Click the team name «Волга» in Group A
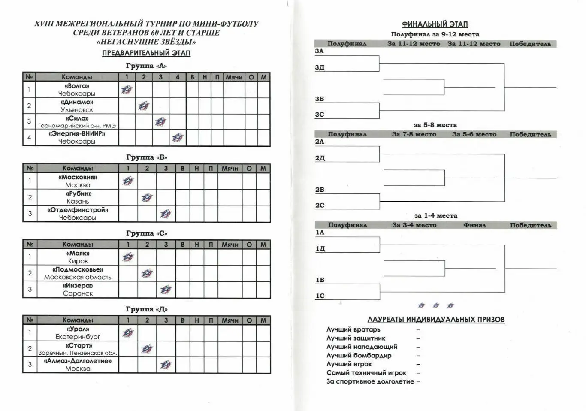click(77, 86)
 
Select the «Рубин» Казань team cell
click(78, 197)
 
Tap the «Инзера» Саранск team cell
click(78, 289)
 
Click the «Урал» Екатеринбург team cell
click(78, 333)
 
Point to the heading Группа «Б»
click(146, 157)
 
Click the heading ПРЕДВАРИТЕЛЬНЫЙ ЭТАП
click(146, 53)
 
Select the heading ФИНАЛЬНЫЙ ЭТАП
click(435, 24)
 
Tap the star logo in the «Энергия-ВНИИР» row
click(178, 138)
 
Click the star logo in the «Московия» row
click(128, 181)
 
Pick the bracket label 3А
click(319, 51)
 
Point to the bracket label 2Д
click(320, 158)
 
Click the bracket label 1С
click(320, 296)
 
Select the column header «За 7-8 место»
click(414, 134)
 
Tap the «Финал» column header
click(474, 225)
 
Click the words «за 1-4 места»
click(435, 215)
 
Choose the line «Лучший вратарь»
click(353, 329)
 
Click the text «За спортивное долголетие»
click(370, 381)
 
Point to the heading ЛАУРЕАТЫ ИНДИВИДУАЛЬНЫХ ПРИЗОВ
click(436, 320)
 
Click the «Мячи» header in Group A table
click(234, 77)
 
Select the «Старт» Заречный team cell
click(78, 349)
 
